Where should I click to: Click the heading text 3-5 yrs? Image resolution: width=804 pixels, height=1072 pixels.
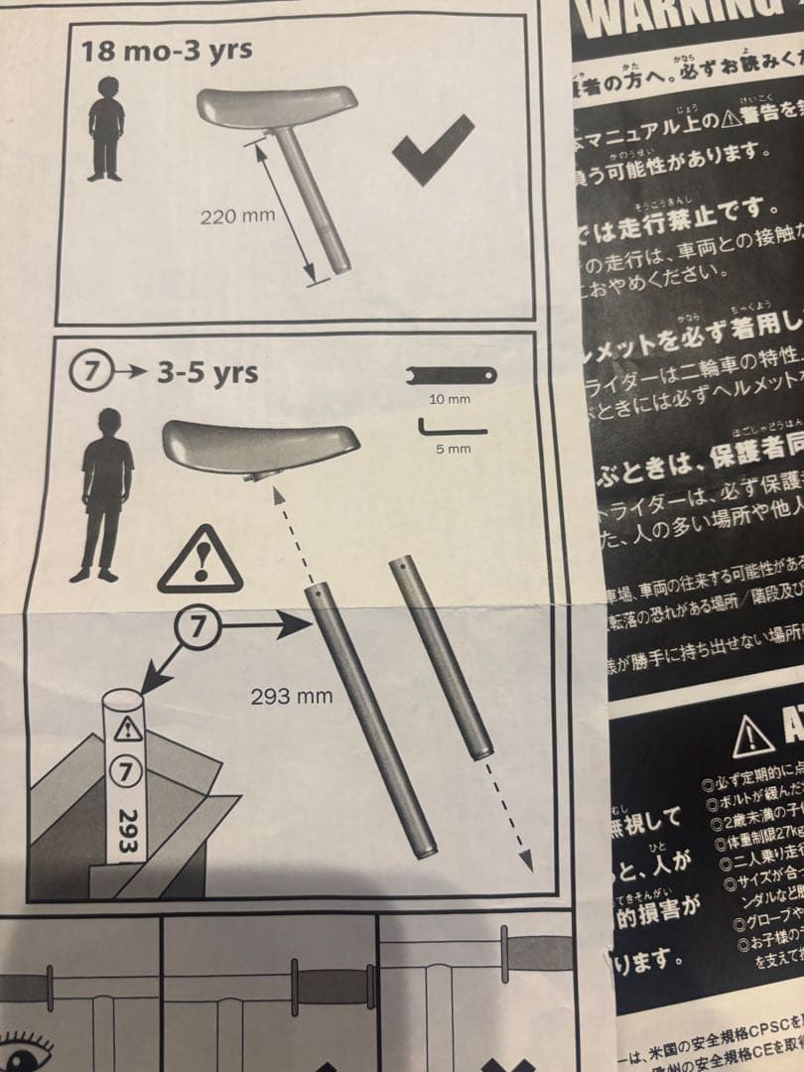coord(207,373)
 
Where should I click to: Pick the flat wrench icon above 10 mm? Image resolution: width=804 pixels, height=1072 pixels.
coord(453,375)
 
